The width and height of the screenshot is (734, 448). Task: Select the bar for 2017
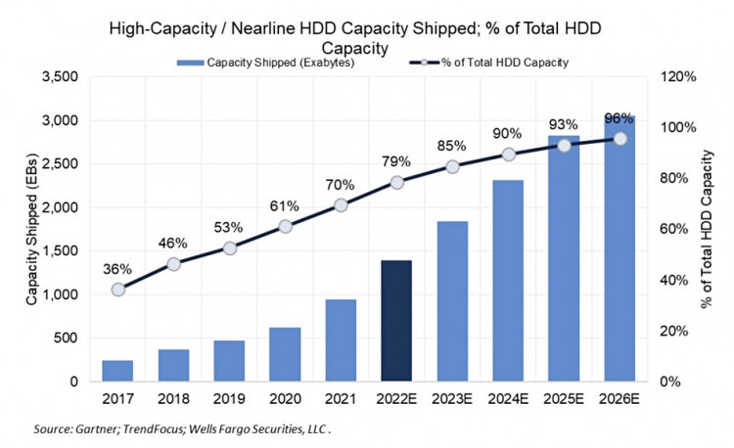[x=117, y=371]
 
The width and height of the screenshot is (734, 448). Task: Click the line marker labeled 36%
[x=118, y=290]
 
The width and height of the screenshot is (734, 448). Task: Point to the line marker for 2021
[x=341, y=204]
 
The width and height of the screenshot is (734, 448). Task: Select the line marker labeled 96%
[x=619, y=138]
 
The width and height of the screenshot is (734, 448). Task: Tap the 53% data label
[x=229, y=229]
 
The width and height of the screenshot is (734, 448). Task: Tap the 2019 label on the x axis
[x=229, y=400]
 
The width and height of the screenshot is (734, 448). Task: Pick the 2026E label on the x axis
[x=619, y=400]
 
